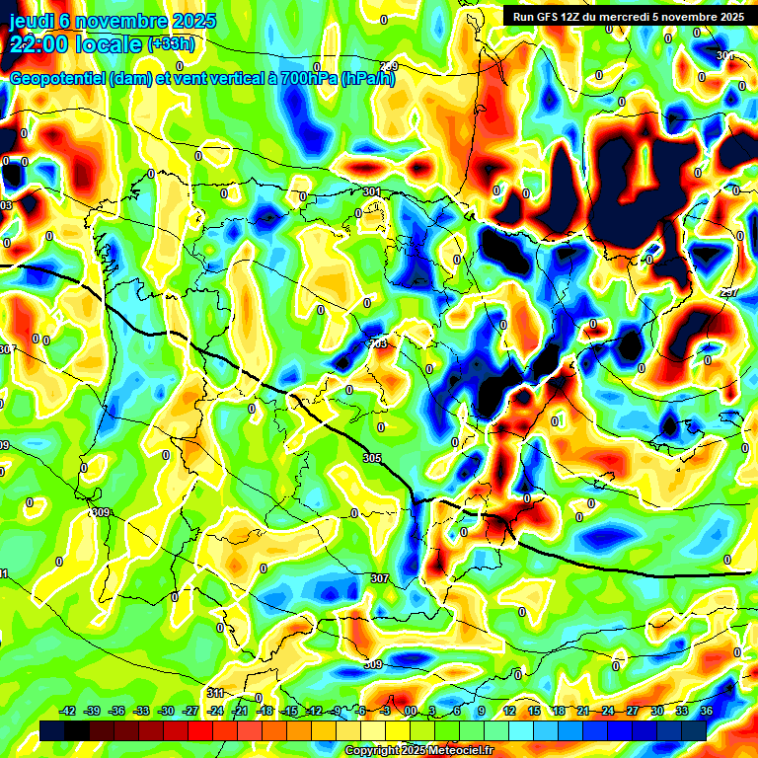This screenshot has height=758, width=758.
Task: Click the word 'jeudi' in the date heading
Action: (x=31, y=21)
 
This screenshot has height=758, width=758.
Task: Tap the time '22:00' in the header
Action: (x=38, y=45)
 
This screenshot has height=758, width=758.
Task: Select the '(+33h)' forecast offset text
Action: (x=171, y=44)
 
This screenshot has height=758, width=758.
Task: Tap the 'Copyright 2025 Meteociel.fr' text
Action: (x=418, y=751)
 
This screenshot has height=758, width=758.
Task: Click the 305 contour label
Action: (x=371, y=459)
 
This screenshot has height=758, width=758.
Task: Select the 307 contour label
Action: (x=380, y=578)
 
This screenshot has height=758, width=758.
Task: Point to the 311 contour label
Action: (x=216, y=693)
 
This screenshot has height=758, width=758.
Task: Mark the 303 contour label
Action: (x=378, y=343)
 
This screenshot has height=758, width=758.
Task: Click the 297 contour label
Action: (x=728, y=293)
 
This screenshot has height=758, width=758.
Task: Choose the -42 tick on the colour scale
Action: (x=68, y=711)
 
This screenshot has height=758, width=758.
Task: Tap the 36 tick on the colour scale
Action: (x=707, y=711)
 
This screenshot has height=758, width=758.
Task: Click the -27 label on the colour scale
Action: (x=190, y=711)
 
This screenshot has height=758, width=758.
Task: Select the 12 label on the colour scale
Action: (x=509, y=711)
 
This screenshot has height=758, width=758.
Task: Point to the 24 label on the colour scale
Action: (x=608, y=711)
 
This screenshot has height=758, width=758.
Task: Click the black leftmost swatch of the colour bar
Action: (x=52, y=729)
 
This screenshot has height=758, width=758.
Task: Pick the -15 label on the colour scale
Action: (x=289, y=711)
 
